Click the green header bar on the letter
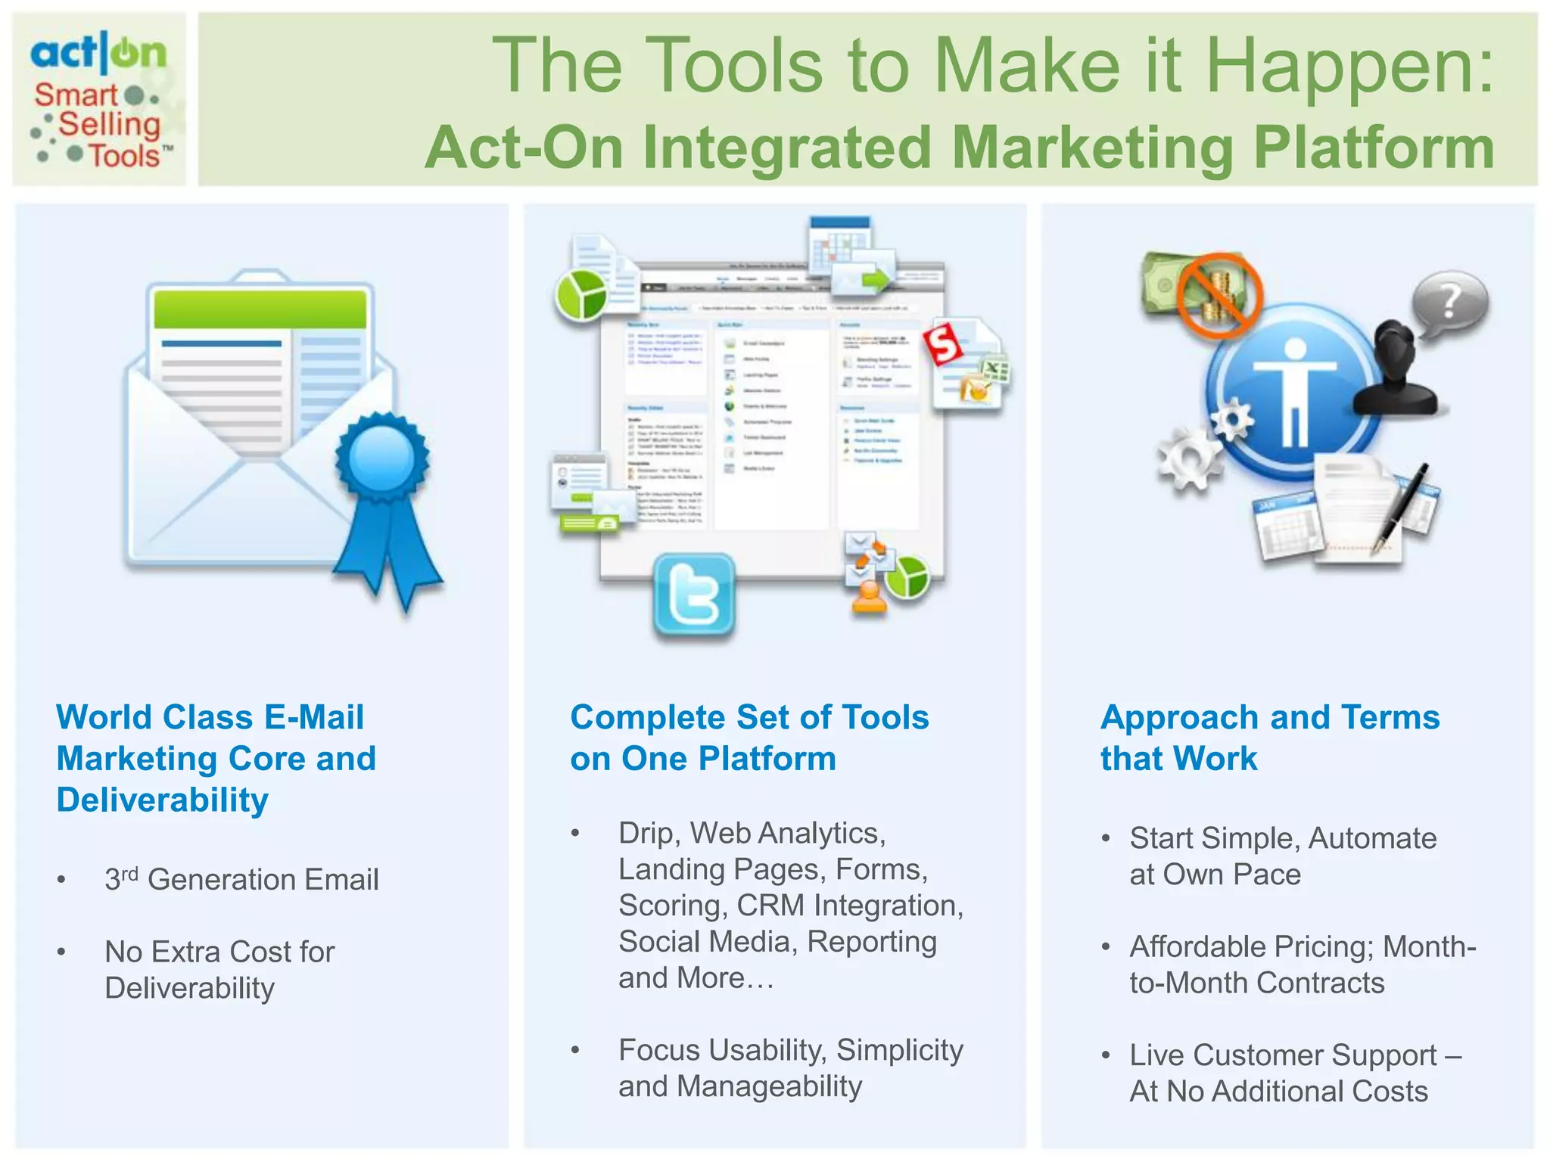click(x=260, y=309)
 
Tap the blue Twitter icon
click(x=694, y=595)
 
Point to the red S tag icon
click(x=943, y=345)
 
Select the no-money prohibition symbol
click(x=1219, y=295)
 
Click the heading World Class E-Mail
click(x=210, y=717)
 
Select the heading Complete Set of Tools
click(x=749, y=717)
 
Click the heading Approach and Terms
click(x=1269, y=717)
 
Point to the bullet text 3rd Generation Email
click(x=241, y=879)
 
